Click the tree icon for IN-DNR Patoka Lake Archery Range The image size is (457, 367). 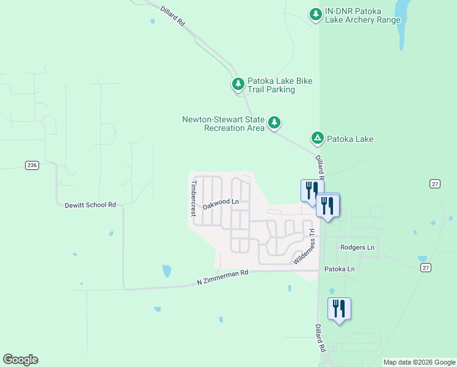pos(315,13)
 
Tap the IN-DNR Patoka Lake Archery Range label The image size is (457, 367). pos(363,15)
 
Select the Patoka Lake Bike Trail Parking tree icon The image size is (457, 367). pos(237,83)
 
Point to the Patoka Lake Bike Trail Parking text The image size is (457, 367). pos(271,85)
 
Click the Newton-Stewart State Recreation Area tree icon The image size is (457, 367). pos(275,122)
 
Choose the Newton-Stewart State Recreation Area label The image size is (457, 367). pos(224,124)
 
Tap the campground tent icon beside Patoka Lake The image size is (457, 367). pos(318,138)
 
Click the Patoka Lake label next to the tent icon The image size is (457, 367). pos(350,139)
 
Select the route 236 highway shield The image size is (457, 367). pos(32,165)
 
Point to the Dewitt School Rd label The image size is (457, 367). pos(90,205)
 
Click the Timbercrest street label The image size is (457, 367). pos(193,198)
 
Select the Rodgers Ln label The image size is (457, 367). pos(357,247)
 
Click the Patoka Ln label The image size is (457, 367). pos(339,269)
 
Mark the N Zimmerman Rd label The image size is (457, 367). pos(222,277)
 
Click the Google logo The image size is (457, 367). pos(20,360)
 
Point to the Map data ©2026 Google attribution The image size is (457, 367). pos(419,362)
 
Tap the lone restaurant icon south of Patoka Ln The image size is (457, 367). pos(339,309)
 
